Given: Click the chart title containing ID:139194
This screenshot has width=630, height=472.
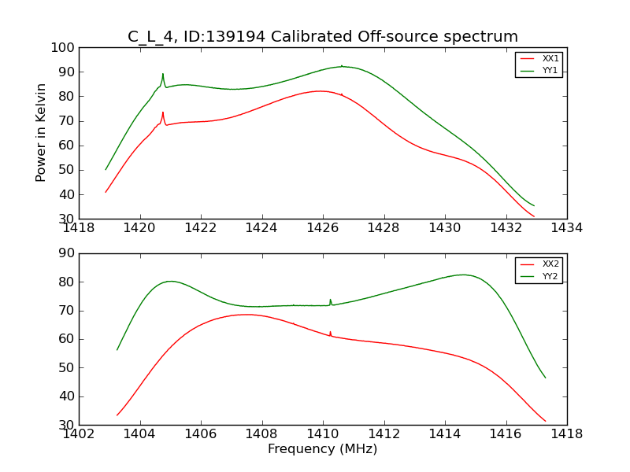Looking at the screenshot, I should point(323,36).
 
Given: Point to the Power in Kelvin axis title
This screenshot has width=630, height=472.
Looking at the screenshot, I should point(42,132).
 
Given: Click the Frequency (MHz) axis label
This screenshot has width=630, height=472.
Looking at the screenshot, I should point(323,449).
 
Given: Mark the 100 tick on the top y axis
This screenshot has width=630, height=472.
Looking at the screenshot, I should point(65,48).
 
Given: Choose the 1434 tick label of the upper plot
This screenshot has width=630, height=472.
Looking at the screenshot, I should point(566,228).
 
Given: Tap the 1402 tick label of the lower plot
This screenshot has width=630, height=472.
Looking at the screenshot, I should point(80,433).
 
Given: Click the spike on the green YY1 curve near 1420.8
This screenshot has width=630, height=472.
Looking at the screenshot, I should point(163,75).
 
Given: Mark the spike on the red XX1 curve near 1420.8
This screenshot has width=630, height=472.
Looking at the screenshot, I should point(163,112).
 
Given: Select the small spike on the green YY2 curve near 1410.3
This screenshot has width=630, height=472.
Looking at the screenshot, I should point(330,300).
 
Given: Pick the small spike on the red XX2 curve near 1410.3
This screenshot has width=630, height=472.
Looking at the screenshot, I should point(330,332).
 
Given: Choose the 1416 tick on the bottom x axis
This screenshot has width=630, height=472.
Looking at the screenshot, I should point(506,433).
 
